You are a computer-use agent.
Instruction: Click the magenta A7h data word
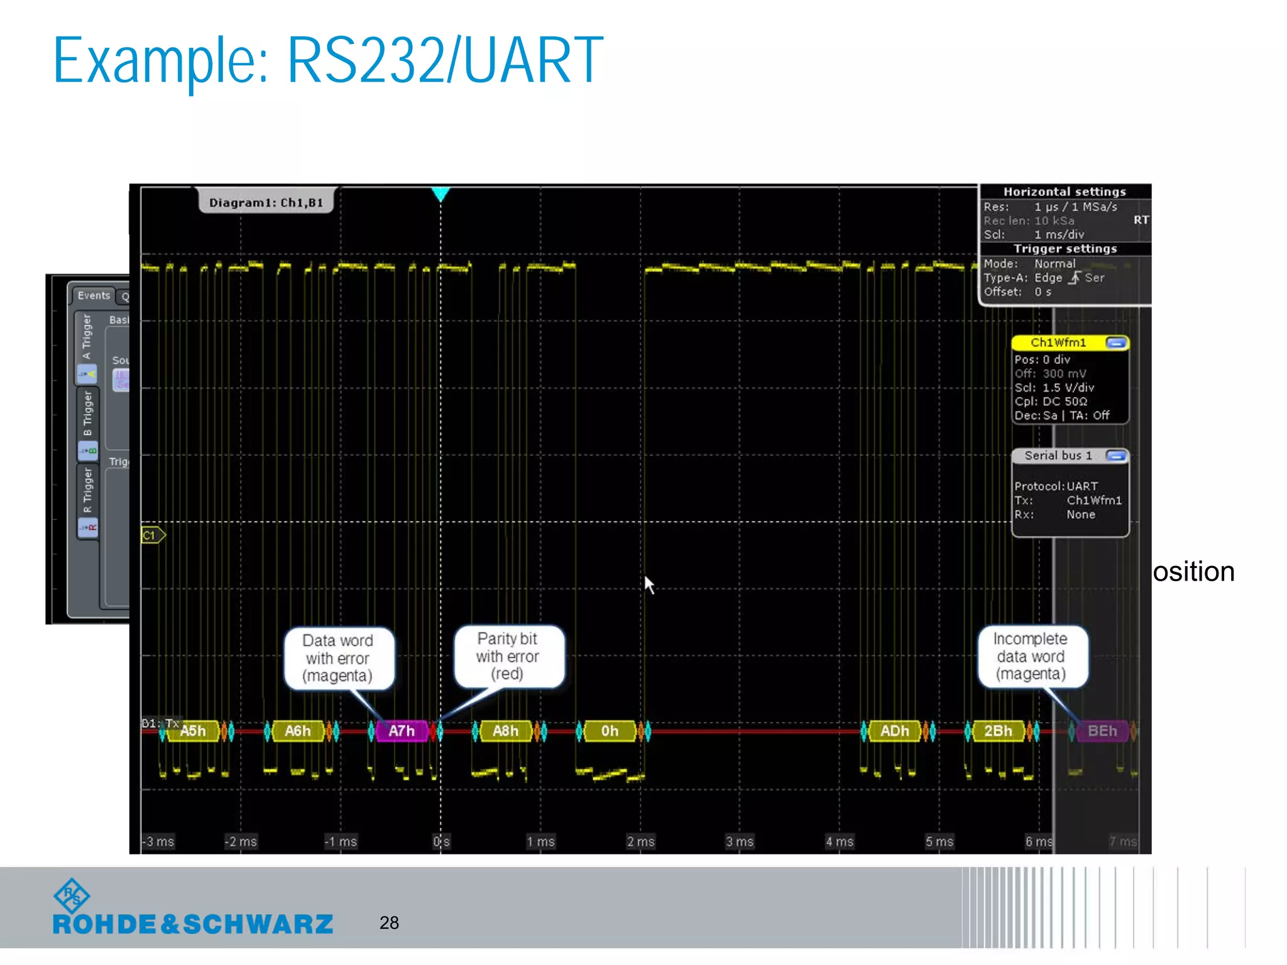pyautogui.click(x=401, y=731)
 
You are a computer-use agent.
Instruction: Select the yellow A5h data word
pyautogui.click(x=193, y=731)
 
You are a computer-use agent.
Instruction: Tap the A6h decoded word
pyautogui.click(x=297, y=731)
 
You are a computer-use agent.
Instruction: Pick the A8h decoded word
pyautogui.click(x=505, y=731)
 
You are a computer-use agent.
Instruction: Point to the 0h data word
pyautogui.click(x=609, y=731)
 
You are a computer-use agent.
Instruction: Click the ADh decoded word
pyautogui.click(x=894, y=731)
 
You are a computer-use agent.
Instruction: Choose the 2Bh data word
pyautogui.click(x=998, y=731)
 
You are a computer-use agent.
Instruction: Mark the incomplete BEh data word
pyautogui.click(x=1102, y=731)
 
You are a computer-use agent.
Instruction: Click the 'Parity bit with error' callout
pyautogui.click(x=508, y=656)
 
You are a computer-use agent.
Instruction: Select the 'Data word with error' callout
pyautogui.click(x=338, y=658)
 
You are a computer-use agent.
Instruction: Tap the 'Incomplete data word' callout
pyautogui.click(x=1031, y=656)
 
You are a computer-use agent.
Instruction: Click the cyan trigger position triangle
pyautogui.click(x=441, y=194)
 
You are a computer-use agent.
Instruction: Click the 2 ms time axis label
pyautogui.click(x=640, y=841)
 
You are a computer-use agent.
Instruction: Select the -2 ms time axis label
pyautogui.click(x=241, y=841)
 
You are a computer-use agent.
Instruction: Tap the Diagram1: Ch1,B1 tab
pyautogui.click(x=266, y=202)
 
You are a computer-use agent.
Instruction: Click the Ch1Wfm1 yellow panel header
pyautogui.click(x=1059, y=342)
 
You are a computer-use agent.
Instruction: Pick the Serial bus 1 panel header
pyautogui.click(x=1059, y=455)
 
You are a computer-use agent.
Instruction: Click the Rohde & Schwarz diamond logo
pyautogui.click(x=72, y=895)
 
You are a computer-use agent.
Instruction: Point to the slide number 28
pyautogui.click(x=389, y=922)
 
